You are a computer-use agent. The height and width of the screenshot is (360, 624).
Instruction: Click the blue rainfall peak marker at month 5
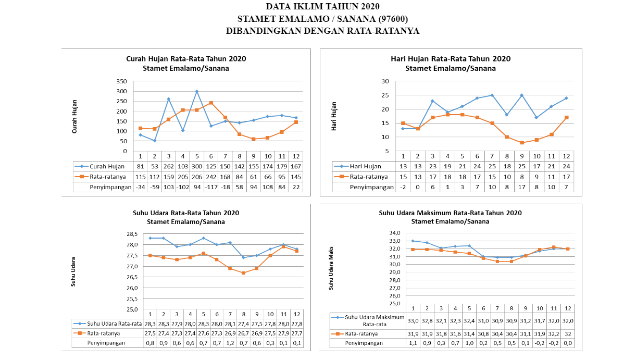[197, 91]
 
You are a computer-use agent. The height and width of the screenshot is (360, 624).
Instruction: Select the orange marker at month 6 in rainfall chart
[211, 103]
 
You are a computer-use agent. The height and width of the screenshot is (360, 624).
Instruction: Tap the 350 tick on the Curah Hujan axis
[122, 81]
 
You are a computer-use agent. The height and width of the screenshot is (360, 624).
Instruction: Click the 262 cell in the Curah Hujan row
[169, 167]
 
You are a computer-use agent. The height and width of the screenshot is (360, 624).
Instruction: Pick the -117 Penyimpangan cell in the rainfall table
[211, 187]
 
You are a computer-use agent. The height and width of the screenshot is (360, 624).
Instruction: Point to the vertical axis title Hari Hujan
[334, 116]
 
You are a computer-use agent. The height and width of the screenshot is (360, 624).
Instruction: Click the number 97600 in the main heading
[393, 19]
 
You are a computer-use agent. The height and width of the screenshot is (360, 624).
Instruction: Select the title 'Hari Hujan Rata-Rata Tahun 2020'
[451, 58]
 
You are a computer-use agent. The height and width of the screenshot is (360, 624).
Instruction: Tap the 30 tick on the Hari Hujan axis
[385, 81]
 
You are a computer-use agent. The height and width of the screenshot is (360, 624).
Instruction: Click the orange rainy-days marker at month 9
[522, 143]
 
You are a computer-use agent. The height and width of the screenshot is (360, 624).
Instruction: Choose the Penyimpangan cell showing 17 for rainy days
[522, 187]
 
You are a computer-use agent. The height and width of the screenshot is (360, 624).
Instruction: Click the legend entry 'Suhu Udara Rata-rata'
[114, 324]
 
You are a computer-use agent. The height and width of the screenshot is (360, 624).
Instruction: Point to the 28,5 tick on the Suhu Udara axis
[132, 234]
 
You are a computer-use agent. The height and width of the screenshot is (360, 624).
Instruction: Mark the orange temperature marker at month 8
[244, 273]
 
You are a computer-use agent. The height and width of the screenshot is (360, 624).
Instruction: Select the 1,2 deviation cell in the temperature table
[230, 343]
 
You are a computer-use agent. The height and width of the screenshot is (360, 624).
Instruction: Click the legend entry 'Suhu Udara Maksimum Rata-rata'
[375, 320]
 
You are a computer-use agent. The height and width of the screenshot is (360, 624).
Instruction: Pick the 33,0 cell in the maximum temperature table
[413, 320]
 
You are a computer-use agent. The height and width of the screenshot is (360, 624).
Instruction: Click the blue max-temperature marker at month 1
[413, 241]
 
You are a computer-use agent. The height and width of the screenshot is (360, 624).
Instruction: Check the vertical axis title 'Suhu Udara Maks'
[331, 268]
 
